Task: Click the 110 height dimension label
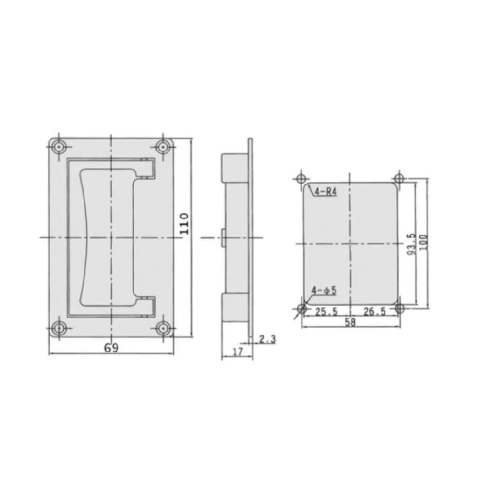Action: click(x=184, y=223)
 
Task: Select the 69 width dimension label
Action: click(x=111, y=348)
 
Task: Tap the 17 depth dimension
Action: click(x=237, y=352)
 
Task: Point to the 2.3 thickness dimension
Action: click(x=267, y=339)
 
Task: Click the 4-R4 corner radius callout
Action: click(x=325, y=192)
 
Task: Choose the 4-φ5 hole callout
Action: click(x=324, y=291)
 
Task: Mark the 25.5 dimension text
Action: click(x=326, y=312)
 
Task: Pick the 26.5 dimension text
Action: click(x=374, y=311)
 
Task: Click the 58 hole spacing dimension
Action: click(x=350, y=322)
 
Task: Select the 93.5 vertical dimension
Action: click(x=411, y=244)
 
